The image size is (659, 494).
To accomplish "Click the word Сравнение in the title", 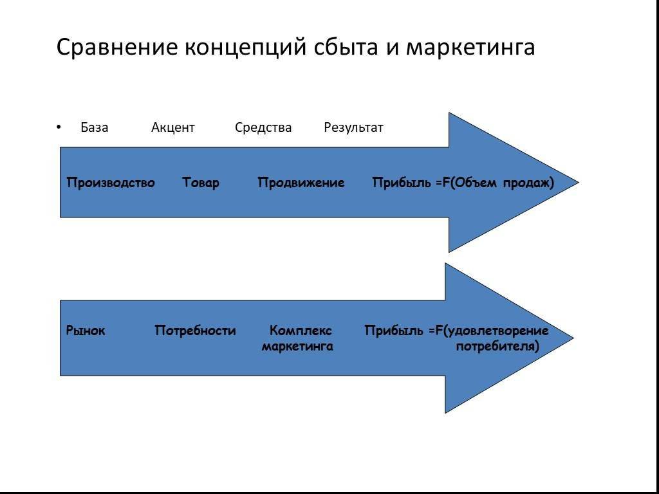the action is (x=118, y=47).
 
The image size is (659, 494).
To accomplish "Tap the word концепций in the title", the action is (x=245, y=48).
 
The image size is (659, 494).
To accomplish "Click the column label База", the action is (x=94, y=127).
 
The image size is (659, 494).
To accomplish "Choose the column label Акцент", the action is (x=172, y=127).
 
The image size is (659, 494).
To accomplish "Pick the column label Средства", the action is (x=263, y=127).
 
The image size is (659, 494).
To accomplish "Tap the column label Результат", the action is (x=353, y=128).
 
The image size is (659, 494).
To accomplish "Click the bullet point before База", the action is (x=59, y=127).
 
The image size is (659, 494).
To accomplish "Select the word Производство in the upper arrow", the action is (x=111, y=183).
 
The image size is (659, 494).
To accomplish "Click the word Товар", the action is (x=201, y=183).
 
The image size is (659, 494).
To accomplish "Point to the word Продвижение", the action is (x=301, y=183).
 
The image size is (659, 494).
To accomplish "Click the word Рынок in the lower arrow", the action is (x=86, y=331).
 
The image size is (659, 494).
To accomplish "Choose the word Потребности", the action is (x=195, y=331).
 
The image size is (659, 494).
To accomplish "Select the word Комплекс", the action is (x=301, y=331).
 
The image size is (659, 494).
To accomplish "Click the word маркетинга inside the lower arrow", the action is (x=297, y=347).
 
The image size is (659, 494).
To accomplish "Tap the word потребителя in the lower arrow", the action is (x=497, y=347).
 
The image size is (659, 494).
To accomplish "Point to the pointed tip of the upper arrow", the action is (x=579, y=182).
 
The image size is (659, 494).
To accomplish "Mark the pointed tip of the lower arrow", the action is (x=573, y=338).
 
